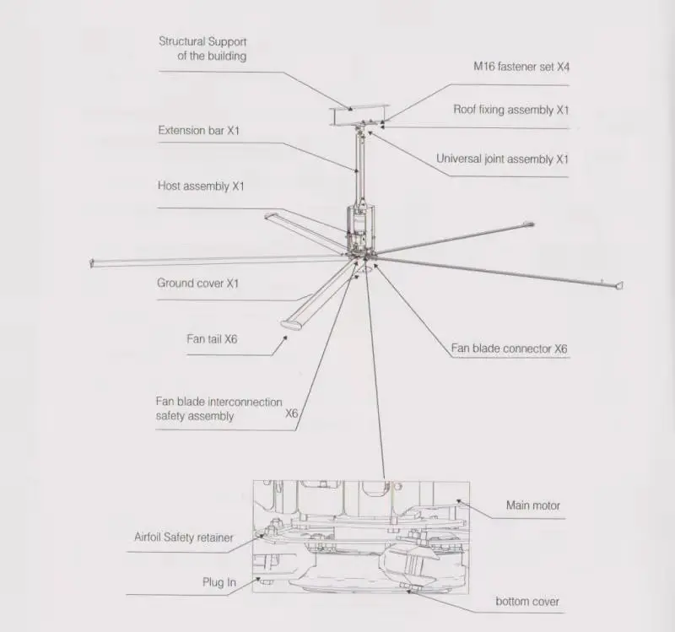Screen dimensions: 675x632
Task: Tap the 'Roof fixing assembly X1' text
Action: click(511, 110)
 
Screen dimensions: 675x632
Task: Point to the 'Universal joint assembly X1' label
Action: click(502, 159)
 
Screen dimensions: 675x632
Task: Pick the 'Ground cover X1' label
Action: click(197, 284)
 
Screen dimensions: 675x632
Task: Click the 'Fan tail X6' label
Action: click(212, 338)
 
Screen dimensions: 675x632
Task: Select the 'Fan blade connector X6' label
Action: click(510, 348)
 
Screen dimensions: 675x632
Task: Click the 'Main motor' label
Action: click(532, 505)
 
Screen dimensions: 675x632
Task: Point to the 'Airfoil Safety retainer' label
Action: click(183, 537)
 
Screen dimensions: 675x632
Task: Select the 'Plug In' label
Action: click(219, 582)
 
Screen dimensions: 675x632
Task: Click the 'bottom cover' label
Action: click(526, 602)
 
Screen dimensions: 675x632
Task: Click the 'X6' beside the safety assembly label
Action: click(292, 413)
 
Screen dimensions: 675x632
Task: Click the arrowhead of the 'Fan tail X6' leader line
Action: click(285, 338)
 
